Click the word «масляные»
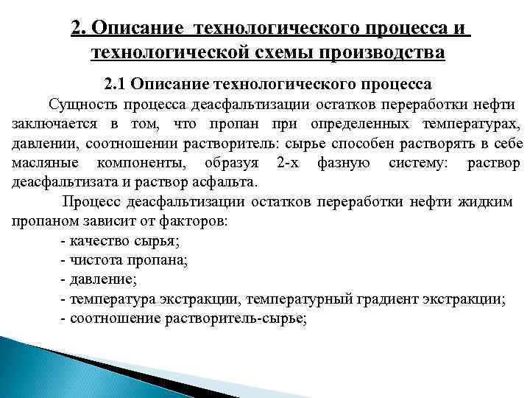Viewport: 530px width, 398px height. tap(42, 162)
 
